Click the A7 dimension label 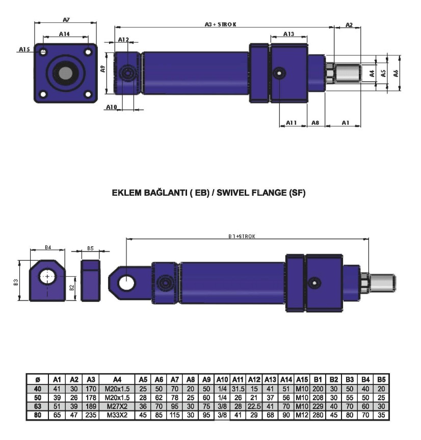coord(66,19)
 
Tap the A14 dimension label coord(65,34)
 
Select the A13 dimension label coord(288,34)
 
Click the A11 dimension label coord(292,122)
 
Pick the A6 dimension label coord(396,73)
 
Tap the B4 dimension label coord(48,247)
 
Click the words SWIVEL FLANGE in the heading coord(258,193)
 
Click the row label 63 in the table coord(37,406)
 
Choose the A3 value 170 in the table coord(91,389)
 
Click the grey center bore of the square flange coord(65,73)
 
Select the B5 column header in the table coord(381,379)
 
